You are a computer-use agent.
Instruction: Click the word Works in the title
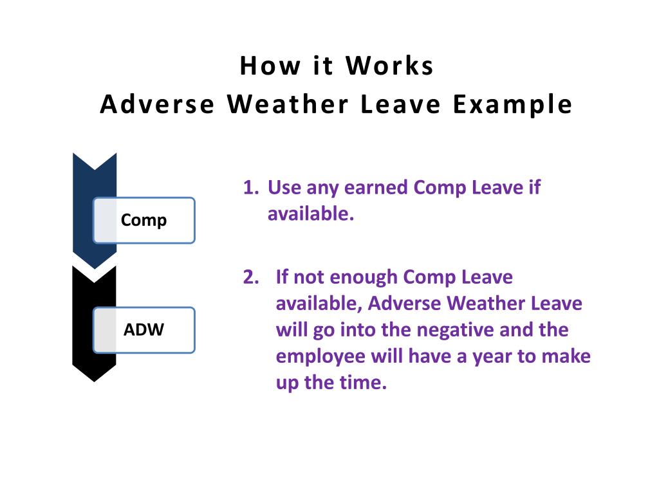click(x=389, y=66)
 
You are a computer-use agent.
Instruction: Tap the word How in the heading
click(x=270, y=66)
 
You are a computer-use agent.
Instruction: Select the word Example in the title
click(x=513, y=105)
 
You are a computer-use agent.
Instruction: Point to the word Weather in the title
click(x=288, y=104)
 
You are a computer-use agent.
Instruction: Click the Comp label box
click(x=144, y=220)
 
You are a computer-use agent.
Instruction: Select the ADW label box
click(x=144, y=330)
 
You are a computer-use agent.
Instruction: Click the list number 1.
click(x=251, y=187)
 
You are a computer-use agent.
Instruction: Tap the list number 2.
click(x=251, y=277)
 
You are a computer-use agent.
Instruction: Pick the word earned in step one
click(x=376, y=187)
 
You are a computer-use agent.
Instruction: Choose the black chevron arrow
click(x=94, y=324)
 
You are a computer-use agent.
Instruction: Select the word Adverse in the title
click(x=157, y=104)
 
